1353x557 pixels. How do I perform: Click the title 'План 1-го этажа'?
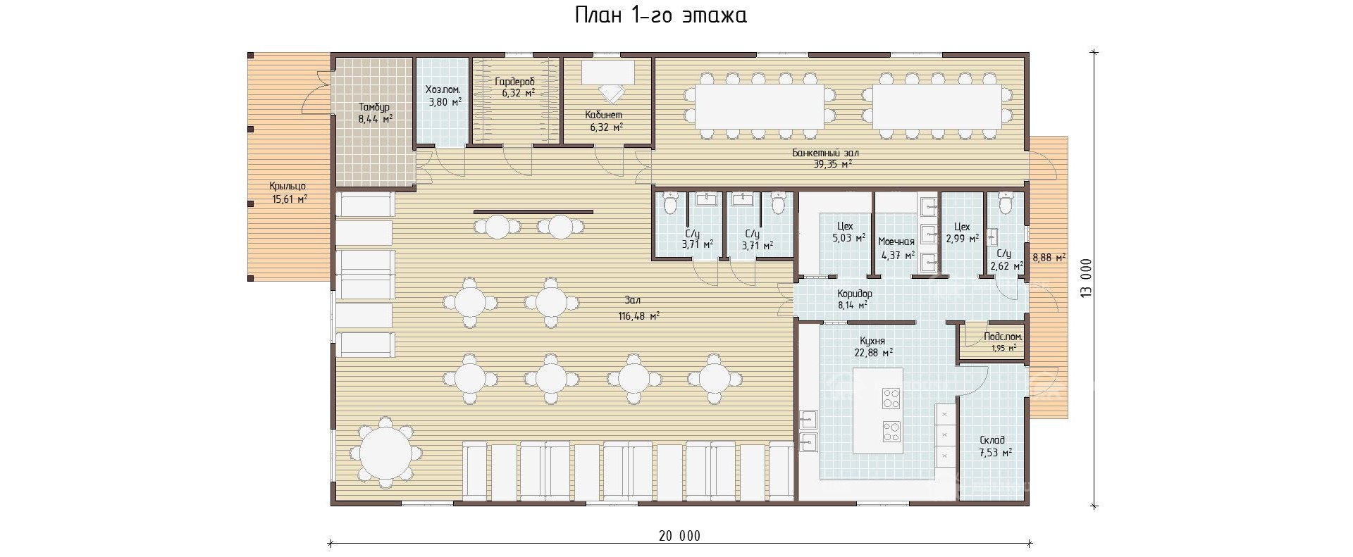(x=660, y=15)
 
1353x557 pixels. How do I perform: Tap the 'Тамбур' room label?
(x=373, y=107)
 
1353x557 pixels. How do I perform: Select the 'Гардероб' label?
(x=514, y=82)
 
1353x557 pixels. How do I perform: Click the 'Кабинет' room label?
(x=604, y=115)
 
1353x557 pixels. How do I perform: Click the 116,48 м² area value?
(x=639, y=316)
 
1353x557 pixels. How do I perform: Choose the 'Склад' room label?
(x=992, y=440)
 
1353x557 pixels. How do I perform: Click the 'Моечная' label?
(x=896, y=242)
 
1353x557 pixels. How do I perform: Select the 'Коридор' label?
(x=855, y=294)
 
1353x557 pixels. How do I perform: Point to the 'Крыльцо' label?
(x=288, y=187)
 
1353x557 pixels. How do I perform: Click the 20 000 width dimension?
(x=680, y=537)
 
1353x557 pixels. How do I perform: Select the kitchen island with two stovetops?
(x=878, y=411)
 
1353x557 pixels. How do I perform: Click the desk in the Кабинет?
(x=607, y=71)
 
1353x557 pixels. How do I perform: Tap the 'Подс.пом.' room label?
(x=1003, y=337)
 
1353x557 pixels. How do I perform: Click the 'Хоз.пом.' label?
(x=443, y=90)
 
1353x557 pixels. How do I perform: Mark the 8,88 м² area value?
(x=1049, y=258)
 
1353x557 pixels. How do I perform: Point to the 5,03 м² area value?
(x=851, y=238)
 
